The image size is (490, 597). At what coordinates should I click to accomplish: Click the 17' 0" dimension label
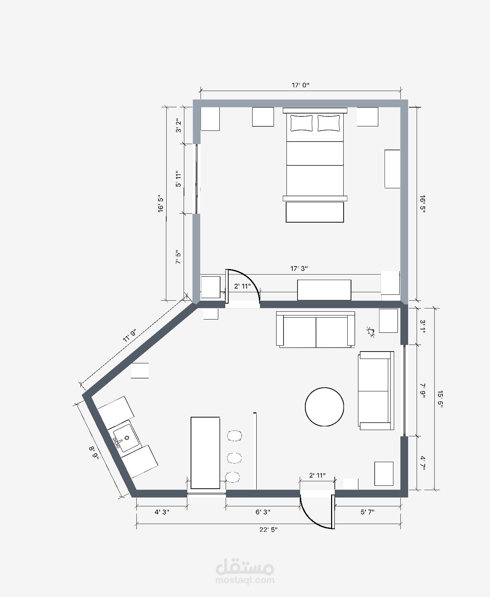pyautogui.click(x=300, y=85)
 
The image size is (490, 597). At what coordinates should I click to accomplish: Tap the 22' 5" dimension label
pyautogui.click(x=268, y=530)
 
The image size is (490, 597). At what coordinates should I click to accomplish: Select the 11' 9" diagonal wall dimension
pyautogui.click(x=130, y=335)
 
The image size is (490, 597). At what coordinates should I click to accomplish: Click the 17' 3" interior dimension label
pyautogui.click(x=299, y=269)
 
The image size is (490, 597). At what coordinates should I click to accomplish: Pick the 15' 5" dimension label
pyautogui.click(x=439, y=399)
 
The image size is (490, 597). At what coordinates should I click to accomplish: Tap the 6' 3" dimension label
pyautogui.click(x=263, y=512)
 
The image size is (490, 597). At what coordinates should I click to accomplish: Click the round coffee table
pyautogui.click(x=324, y=407)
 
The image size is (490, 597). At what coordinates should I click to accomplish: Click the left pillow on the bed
pyautogui.click(x=302, y=123)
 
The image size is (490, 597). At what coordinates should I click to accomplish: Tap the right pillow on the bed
pyautogui.click(x=329, y=123)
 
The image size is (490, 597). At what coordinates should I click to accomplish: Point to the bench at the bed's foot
pyautogui.click(x=315, y=212)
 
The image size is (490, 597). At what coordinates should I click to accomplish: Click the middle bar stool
pyautogui.click(x=234, y=458)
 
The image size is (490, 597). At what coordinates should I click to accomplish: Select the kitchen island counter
pyautogui.click(x=205, y=453)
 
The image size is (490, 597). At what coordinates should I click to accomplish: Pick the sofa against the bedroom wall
pyautogui.click(x=316, y=329)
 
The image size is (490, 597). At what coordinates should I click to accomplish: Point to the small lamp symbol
pyautogui.click(x=371, y=332)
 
